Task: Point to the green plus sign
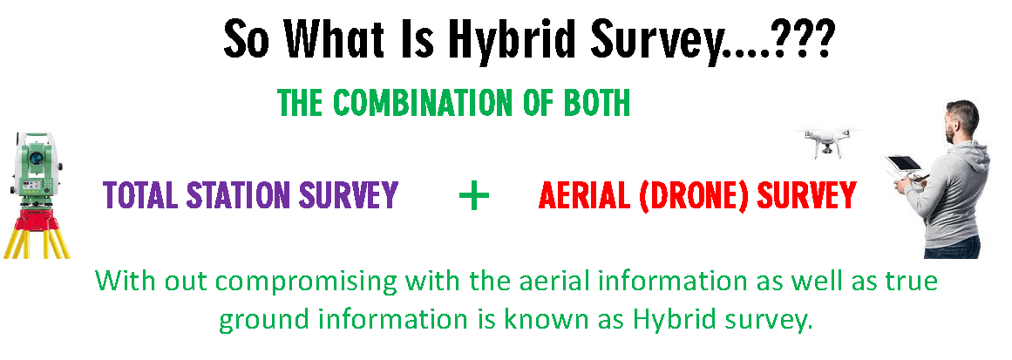tap(474, 195)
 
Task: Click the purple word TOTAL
tap(141, 194)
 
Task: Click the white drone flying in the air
tap(826, 141)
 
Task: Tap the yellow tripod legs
tap(36, 244)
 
